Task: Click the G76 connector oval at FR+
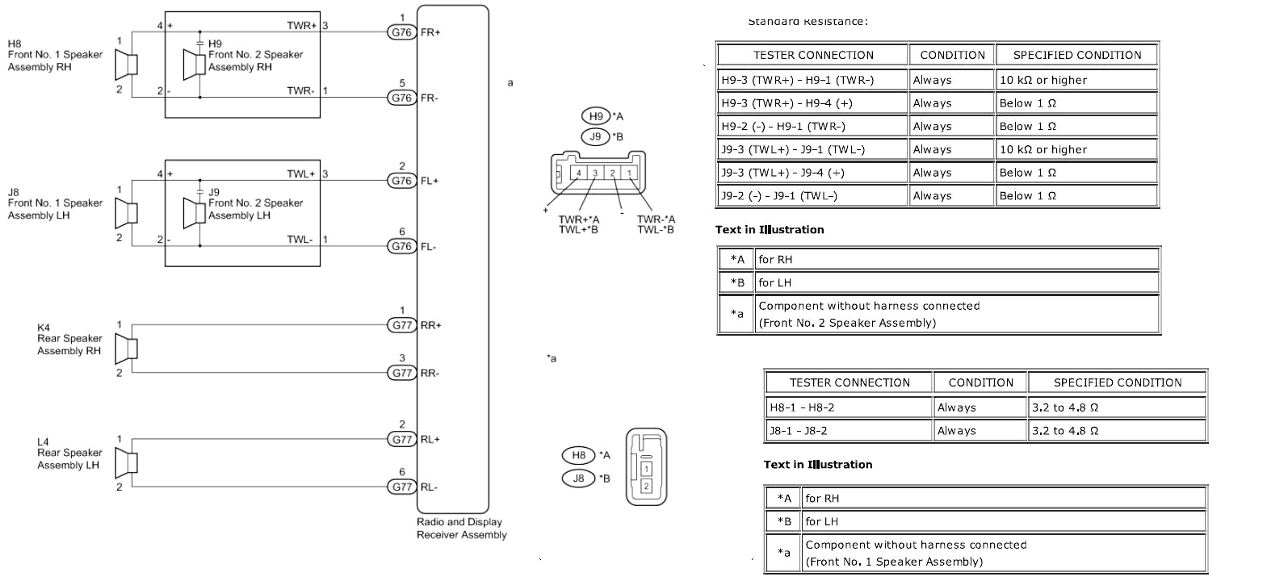[x=401, y=32]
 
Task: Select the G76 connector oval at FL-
[x=401, y=246]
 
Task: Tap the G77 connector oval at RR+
[x=401, y=325]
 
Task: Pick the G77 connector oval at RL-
[x=401, y=487]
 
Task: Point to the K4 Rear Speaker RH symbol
[x=126, y=349]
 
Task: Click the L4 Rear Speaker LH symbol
[x=126, y=463]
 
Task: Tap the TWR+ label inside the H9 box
[x=302, y=26]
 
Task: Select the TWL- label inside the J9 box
[x=300, y=240]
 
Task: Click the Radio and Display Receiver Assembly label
[x=461, y=529]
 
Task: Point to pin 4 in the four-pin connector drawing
[x=578, y=173]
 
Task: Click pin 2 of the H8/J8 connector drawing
[x=646, y=487]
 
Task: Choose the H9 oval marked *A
[x=595, y=116]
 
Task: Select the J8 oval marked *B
[x=578, y=478]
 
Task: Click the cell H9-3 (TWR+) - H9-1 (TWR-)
[x=812, y=80]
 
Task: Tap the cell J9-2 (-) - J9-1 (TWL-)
[x=812, y=195]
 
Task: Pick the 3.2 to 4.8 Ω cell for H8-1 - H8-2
[x=1117, y=407]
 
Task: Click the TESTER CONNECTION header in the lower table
[x=850, y=382]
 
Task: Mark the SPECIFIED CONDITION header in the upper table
[x=1076, y=55]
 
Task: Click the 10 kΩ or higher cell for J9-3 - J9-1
[x=1076, y=149]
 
